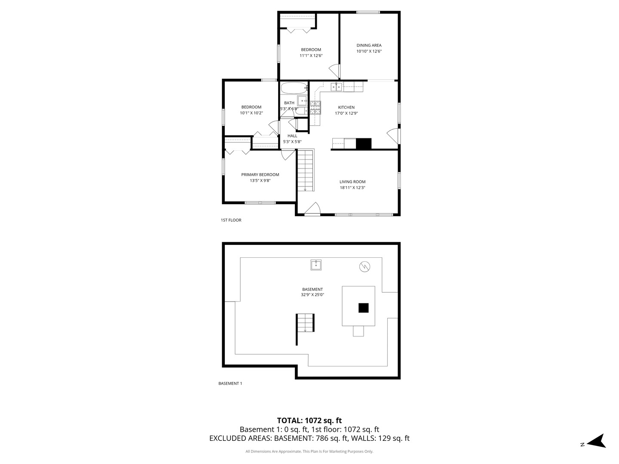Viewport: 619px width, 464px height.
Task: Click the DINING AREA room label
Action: click(368, 46)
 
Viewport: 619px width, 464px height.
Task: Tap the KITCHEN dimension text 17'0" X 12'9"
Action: click(346, 113)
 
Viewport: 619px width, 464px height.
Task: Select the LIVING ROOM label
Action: click(352, 182)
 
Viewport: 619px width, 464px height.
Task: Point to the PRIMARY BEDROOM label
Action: click(260, 175)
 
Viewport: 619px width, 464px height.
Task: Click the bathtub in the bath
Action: click(294, 88)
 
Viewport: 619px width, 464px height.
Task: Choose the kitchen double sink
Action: click(336, 87)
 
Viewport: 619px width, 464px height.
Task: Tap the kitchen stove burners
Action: click(315, 107)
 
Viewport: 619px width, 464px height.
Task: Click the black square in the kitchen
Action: click(364, 143)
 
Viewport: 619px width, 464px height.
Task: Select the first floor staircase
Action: click(306, 170)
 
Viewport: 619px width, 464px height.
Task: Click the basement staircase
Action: click(305, 323)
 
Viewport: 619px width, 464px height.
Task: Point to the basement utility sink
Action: click(316, 265)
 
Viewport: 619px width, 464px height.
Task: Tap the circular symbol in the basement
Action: click(365, 266)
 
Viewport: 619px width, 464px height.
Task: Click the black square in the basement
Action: click(364, 308)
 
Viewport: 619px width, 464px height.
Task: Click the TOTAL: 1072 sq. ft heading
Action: click(309, 421)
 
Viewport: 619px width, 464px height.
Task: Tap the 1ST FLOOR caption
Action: click(231, 220)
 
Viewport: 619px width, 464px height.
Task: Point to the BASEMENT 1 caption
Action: click(230, 383)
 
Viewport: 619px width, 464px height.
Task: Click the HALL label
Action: click(292, 136)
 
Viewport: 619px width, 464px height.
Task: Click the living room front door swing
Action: click(313, 208)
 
